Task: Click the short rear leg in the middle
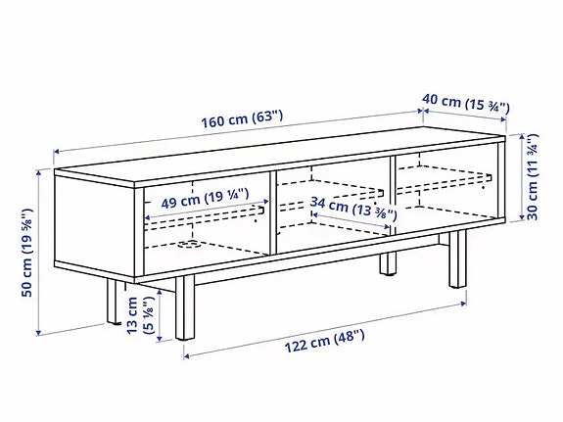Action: point(388,263)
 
